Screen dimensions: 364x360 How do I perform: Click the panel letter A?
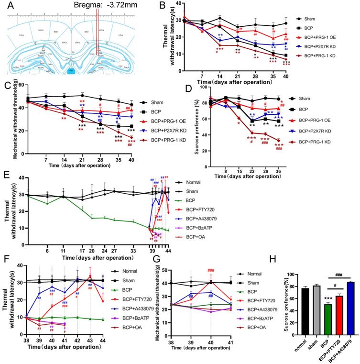pyautogui.click(x=11, y=6)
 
